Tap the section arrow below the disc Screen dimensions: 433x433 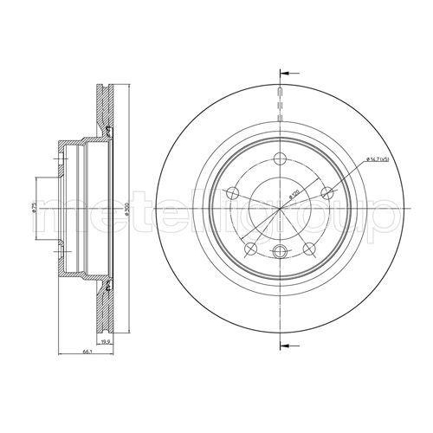(x=289, y=346)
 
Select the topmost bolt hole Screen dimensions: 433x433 (x=280, y=158)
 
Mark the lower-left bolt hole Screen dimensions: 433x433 (x=251, y=249)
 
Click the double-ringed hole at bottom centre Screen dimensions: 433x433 (x=280, y=252)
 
